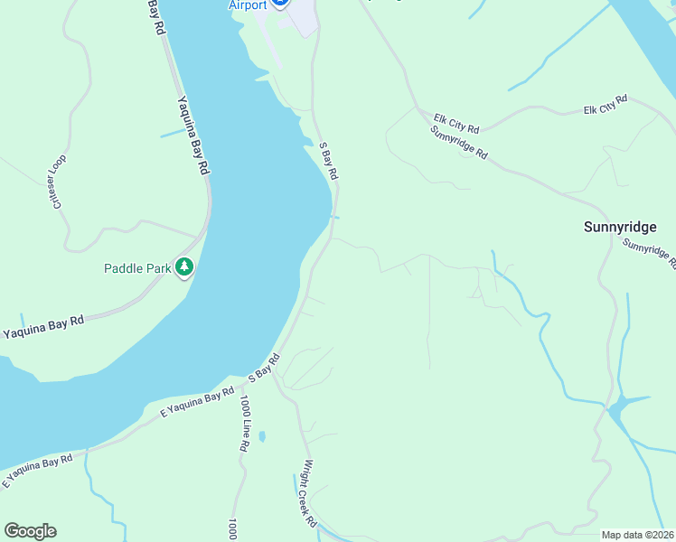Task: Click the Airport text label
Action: [x=247, y=5]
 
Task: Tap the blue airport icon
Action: [x=280, y=4]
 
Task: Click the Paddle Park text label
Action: [x=138, y=268]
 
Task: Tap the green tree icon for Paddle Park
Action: [x=184, y=266]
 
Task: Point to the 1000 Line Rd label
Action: [x=244, y=424]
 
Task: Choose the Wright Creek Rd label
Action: [x=310, y=494]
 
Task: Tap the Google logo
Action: [x=30, y=531]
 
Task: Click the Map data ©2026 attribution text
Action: [x=636, y=535]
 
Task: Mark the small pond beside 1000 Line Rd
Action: [x=261, y=436]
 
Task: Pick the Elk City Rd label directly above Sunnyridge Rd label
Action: [x=456, y=118]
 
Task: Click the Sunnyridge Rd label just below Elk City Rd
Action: [x=459, y=142]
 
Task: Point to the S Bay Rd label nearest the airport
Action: [x=329, y=160]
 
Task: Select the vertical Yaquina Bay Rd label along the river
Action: [x=194, y=135]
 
